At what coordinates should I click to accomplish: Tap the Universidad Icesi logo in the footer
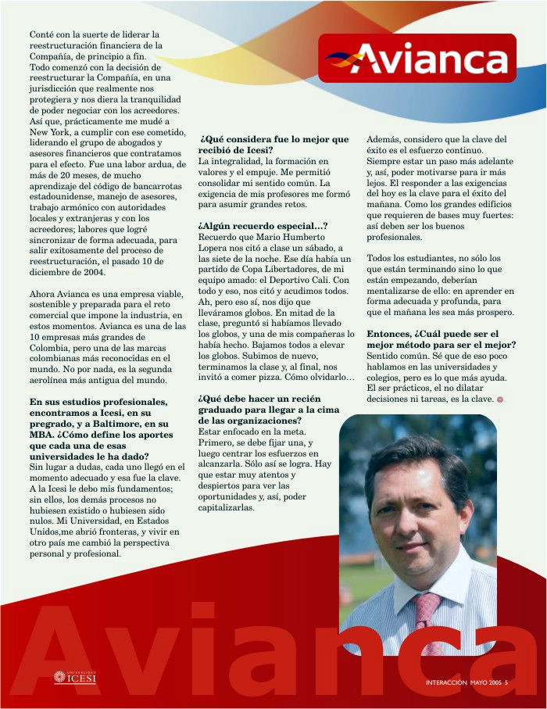point(75,677)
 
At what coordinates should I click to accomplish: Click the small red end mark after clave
point(499,399)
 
